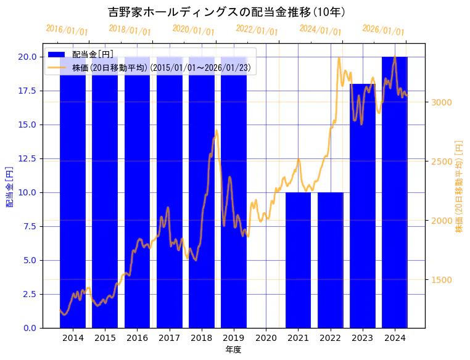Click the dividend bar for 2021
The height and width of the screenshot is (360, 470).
coord(298,260)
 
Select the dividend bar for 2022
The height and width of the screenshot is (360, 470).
coord(330,260)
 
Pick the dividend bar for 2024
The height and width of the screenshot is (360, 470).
coord(395,192)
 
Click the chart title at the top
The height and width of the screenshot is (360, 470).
coord(226,12)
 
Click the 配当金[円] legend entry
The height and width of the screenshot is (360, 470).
coord(93,55)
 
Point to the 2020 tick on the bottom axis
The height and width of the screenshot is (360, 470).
coord(266,338)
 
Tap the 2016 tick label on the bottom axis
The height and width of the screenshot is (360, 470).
coord(137,338)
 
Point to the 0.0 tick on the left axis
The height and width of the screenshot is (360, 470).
coord(30,328)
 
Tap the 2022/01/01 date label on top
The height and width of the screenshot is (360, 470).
coord(257,30)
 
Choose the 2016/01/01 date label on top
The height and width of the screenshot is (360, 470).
coord(67,30)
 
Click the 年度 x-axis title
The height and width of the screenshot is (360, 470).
coord(233,350)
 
